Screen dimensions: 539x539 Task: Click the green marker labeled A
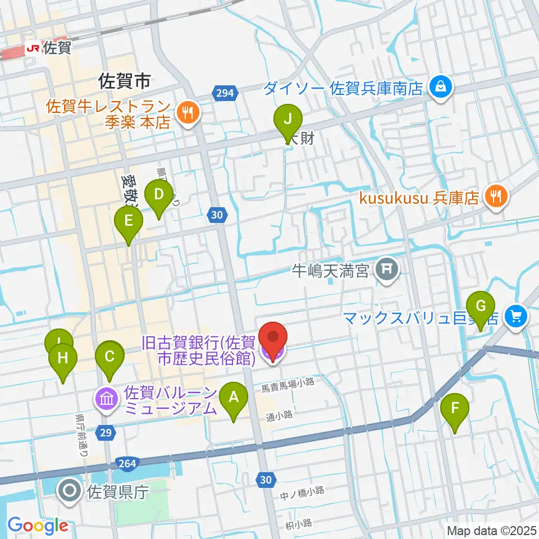(234, 399)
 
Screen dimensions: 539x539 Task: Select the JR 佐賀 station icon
(33, 49)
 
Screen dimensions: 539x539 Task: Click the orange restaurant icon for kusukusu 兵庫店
(497, 195)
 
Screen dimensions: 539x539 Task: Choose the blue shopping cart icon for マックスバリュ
(515, 317)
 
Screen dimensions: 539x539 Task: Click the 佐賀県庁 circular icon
(71, 491)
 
